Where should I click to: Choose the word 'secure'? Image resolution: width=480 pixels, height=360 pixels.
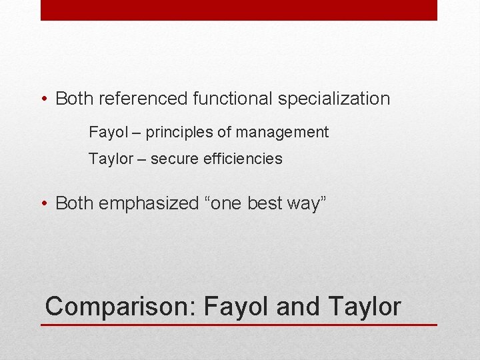tap(173, 159)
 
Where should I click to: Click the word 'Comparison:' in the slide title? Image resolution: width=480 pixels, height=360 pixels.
tap(121, 307)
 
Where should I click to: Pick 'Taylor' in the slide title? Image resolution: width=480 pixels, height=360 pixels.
tap(365, 307)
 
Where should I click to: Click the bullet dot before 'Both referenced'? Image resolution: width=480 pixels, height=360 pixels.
tap(43, 100)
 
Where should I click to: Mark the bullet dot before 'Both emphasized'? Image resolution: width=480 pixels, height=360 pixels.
tap(43, 203)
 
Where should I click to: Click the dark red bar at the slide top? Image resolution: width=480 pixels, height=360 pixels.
tap(239, 10)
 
